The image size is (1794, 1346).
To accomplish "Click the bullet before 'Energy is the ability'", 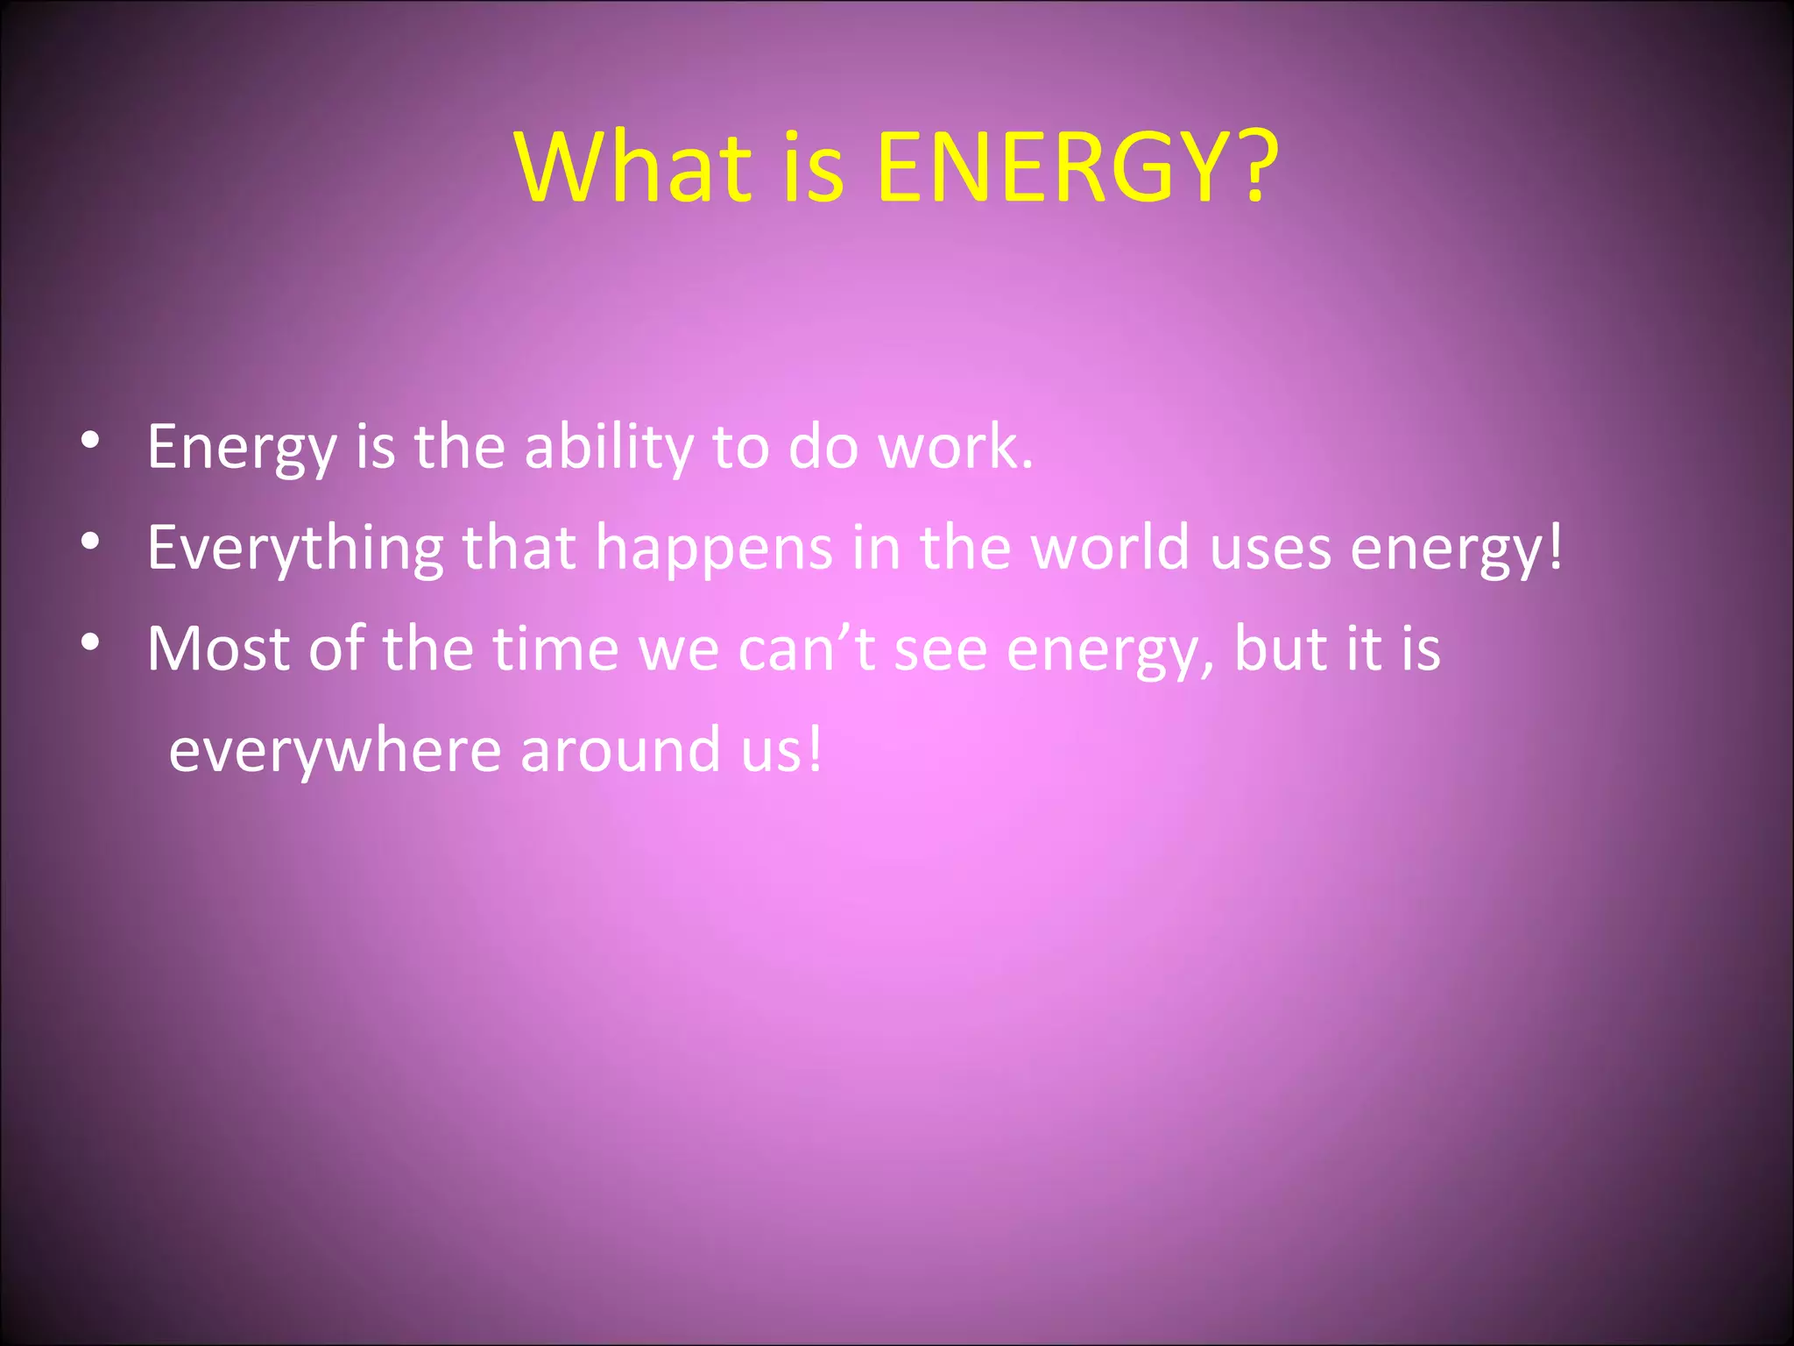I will (x=89, y=441).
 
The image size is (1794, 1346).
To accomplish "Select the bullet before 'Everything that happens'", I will (x=89, y=542).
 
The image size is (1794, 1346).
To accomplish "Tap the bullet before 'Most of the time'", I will (x=89, y=642).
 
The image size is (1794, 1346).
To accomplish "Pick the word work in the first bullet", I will (x=949, y=447).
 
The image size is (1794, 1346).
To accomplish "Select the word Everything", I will (x=295, y=549).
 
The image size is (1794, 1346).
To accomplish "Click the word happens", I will (x=714, y=549).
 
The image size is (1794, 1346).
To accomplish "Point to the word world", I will (x=1110, y=547).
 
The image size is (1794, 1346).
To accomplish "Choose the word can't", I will (x=807, y=648).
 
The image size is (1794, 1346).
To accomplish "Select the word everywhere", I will (x=335, y=751).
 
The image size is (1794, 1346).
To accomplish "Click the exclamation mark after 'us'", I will (x=816, y=748).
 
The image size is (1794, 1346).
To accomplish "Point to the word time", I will (x=555, y=648).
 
